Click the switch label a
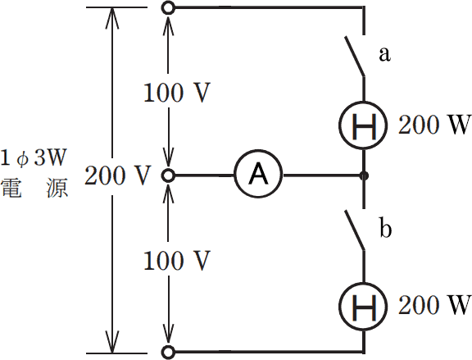[x=384, y=54]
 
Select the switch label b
[x=385, y=228]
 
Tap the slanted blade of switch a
[x=355, y=56]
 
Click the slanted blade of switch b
[x=355, y=230]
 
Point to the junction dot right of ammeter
[x=364, y=175]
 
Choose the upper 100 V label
[x=176, y=92]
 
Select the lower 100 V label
[x=176, y=261]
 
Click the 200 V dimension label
[x=117, y=175]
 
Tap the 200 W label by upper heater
[x=434, y=125]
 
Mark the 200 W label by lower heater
[x=434, y=305]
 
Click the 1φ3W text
[x=33, y=157]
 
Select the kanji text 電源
[x=34, y=188]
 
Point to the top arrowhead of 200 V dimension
[x=112, y=18]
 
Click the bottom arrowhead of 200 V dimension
[x=112, y=342]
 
